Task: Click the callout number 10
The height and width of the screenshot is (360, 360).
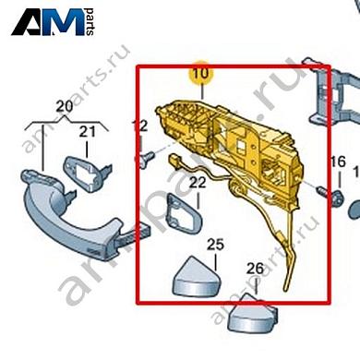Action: (199, 70)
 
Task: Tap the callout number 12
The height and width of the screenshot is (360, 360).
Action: (139, 126)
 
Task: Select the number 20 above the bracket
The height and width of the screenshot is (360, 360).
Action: (64, 107)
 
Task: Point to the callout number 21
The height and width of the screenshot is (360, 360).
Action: (87, 132)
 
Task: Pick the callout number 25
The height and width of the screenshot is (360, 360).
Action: (215, 245)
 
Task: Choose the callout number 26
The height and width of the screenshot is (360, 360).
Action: (255, 269)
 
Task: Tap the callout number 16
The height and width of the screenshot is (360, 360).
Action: (338, 163)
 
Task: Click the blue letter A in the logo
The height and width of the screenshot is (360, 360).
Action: (30, 24)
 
